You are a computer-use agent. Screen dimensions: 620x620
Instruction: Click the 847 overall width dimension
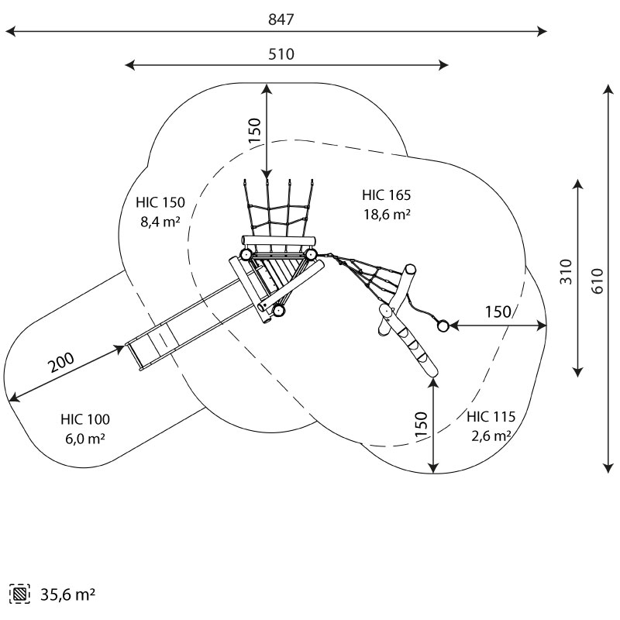click(x=281, y=20)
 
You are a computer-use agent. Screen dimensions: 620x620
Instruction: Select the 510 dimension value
click(x=281, y=54)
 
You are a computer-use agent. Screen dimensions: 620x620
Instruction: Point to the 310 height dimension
click(x=567, y=271)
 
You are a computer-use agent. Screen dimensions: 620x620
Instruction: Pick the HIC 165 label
click(x=386, y=195)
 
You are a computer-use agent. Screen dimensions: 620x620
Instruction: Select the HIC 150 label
click(x=160, y=203)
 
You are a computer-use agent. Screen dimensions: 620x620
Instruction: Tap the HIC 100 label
click(x=85, y=419)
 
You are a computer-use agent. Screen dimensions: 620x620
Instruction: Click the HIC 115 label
click(x=491, y=416)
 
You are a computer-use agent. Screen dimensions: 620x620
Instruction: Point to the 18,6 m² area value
click(x=386, y=215)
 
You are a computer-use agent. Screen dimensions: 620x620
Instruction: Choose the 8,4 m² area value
click(x=160, y=222)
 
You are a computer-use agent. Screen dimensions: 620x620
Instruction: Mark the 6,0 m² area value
click(x=85, y=439)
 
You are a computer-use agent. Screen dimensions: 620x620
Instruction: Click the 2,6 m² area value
click(x=491, y=436)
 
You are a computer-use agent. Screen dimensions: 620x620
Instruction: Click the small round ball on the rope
click(x=443, y=326)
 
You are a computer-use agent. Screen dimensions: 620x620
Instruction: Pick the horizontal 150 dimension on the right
click(x=498, y=312)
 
